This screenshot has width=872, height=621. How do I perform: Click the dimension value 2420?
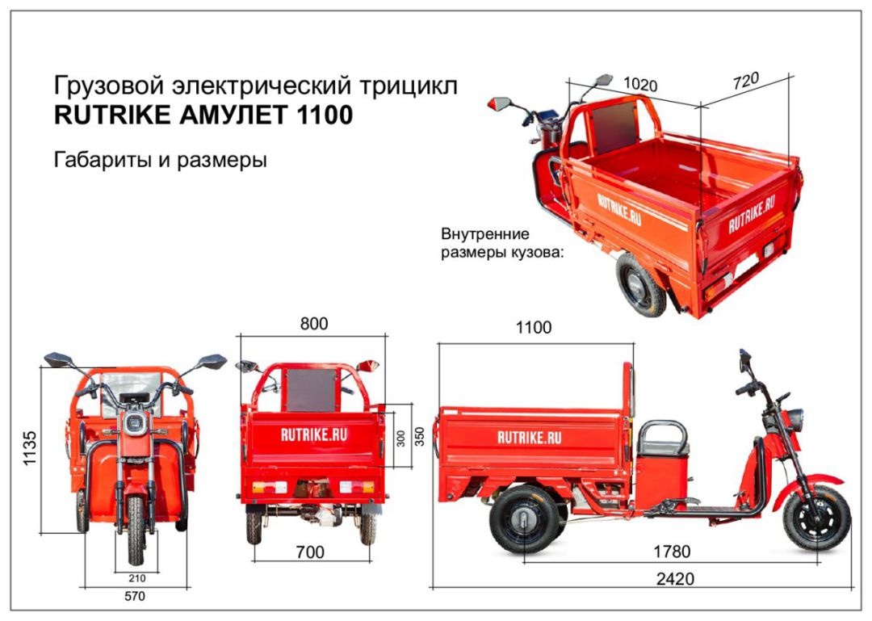pyautogui.click(x=676, y=579)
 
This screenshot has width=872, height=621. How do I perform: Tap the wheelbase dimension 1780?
pyautogui.click(x=672, y=552)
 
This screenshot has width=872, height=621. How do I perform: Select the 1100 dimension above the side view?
pyautogui.click(x=534, y=328)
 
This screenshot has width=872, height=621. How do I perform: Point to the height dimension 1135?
pyautogui.click(x=30, y=448)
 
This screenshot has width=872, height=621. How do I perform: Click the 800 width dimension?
pyautogui.click(x=314, y=324)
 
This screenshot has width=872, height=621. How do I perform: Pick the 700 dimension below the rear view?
pyautogui.click(x=310, y=552)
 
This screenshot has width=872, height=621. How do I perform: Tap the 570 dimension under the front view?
pyautogui.click(x=135, y=597)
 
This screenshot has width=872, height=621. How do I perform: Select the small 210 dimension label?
pyautogui.click(x=136, y=578)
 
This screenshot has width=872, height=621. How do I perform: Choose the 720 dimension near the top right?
pyautogui.click(x=747, y=82)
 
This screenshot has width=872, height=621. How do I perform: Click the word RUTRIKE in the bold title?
pyautogui.click(x=111, y=116)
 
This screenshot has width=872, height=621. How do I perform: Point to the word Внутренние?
pyautogui.click(x=484, y=235)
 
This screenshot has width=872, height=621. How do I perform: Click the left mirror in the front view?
pyautogui.click(x=57, y=359)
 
